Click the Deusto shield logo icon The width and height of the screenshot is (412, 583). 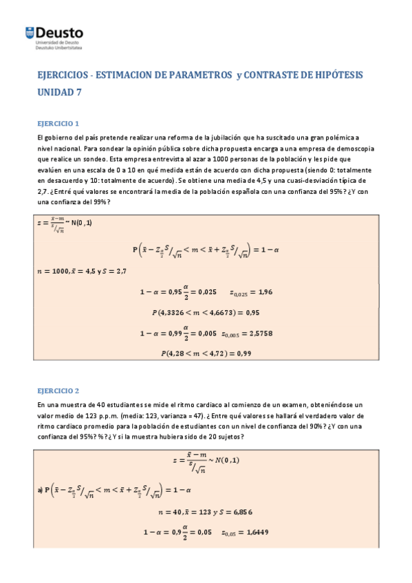(x=30, y=32)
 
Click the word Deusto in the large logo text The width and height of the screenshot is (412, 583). (x=61, y=32)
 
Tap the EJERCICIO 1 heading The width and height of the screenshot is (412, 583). (x=58, y=124)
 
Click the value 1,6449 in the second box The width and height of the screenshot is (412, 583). (x=254, y=531)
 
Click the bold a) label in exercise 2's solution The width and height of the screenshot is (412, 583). (x=40, y=489)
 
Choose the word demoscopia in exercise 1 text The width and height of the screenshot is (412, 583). (x=353, y=148)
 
